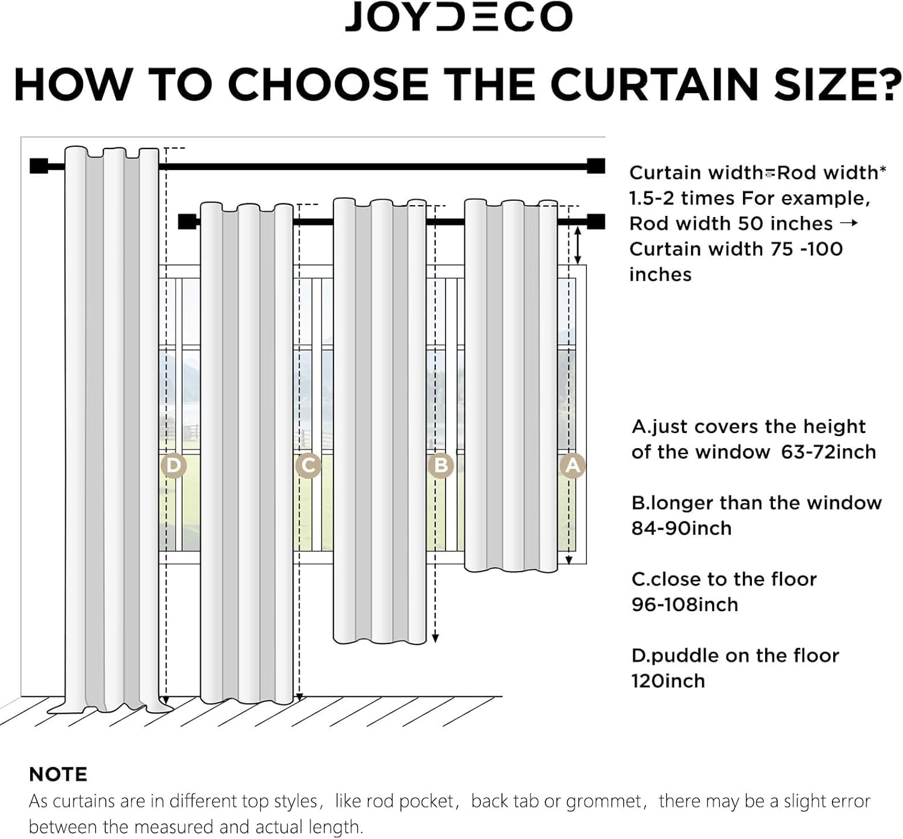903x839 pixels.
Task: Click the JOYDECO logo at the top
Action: pyautogui.click(x=458, y=17)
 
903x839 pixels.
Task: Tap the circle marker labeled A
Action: pyautogui.click(x=573, y=466)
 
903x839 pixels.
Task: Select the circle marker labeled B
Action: pyautogui.click(x=440, y=466)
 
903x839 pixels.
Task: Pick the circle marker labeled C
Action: pyautogui.click(x=308, y=466)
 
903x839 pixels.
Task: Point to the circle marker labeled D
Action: pyautogui.click(x=173, y=466)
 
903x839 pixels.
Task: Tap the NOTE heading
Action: pyautogui.click(x=58, y=774)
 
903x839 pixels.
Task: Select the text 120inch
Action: pyautogui.click(x=668, y=681)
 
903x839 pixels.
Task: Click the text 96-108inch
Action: pyautogui.click(x=684, y=604)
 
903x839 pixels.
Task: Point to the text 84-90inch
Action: pyautogui.click(x=681, y=528)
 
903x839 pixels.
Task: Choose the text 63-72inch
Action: pyautogui.click(x=828, y=452)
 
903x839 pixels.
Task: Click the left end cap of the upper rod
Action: pyautogui.click(x=39, y=166)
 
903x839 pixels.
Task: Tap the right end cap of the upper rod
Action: pyautogui.click(x=596, y=166)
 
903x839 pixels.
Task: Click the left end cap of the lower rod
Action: pyautogui.click(x=187, y=222)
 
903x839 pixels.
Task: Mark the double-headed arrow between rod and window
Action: pyautogui.click(x=578, y=245)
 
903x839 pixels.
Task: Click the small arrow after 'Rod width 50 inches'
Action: pyautogui.click(x=848, y=223)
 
